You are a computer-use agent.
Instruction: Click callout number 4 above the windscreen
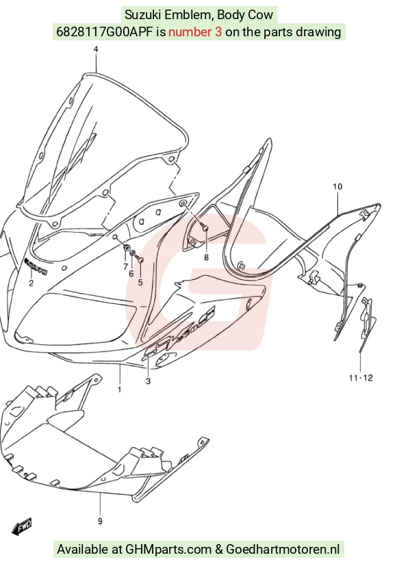point(96,49)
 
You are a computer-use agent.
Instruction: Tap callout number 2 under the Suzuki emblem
point(31,283)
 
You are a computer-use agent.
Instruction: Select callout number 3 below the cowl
point(148,381)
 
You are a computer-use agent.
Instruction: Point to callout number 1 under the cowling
point(119,389)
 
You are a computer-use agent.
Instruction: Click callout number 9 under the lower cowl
point(100,521)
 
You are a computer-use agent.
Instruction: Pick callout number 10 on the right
point(337,186)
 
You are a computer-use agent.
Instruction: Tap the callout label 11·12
point(361,378)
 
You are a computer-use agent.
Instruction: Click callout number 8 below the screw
point(206,257)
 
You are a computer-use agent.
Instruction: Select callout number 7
point(125,266)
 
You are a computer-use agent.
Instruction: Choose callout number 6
point(131,274)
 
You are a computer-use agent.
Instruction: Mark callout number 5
point(140,283)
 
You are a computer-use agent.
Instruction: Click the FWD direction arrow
point(22,526)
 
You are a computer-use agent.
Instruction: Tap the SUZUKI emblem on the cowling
point(36,266)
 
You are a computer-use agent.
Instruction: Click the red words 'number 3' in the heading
point(195,32)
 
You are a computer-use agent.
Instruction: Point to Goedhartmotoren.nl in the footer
point(283,550)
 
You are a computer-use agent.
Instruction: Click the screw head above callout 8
point(206,228)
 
